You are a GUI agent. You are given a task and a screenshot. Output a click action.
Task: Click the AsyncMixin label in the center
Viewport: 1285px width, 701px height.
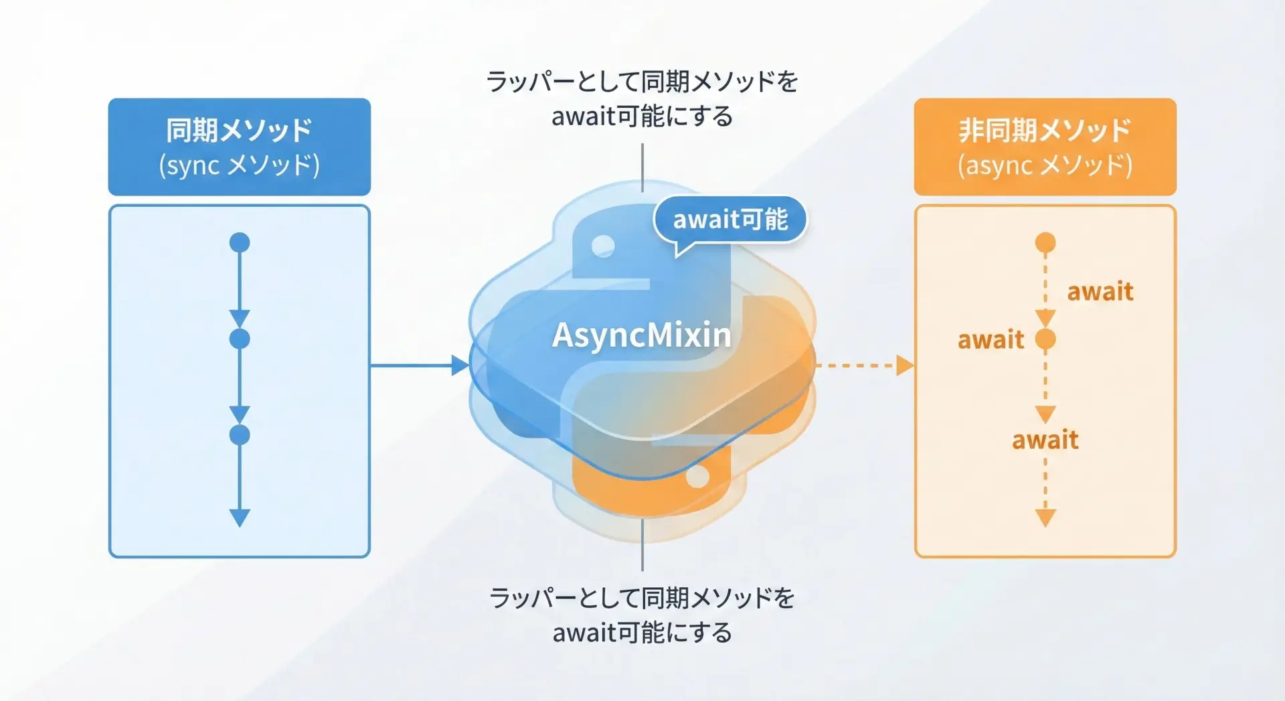pos(641,335)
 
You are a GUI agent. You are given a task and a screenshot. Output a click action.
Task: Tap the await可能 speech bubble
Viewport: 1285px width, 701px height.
pos(730,220)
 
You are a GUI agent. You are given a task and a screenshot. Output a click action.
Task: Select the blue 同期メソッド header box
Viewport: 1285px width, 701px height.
pos(240,147)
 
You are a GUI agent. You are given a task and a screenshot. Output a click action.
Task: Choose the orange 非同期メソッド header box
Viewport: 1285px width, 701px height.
pos(1045,147)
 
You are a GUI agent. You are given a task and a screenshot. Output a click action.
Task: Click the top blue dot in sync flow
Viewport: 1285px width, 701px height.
pos(240,242)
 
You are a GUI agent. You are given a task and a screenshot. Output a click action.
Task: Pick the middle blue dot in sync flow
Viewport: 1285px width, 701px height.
pos(240,339)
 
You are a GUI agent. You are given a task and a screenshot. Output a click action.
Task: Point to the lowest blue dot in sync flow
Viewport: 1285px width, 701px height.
pos(240,435)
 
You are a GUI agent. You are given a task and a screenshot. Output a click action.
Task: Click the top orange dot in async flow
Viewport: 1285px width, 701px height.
pos(1045,242)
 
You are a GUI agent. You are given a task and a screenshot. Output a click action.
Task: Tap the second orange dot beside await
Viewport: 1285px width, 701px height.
pos(1045,339)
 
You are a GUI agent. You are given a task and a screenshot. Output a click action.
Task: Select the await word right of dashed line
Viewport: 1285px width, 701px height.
pos(1100,292)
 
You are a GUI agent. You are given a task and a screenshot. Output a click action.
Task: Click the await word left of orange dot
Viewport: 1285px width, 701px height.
pos(991,340)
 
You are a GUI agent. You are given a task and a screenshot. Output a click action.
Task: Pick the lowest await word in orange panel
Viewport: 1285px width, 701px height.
pos(1045,441)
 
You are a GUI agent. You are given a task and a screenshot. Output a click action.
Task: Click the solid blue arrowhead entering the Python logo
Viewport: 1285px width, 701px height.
pos(460,366)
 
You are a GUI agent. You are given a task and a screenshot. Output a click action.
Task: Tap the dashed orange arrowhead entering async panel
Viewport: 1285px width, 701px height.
pos(905,366)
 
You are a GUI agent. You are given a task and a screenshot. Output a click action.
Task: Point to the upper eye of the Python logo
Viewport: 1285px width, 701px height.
pos(603,246)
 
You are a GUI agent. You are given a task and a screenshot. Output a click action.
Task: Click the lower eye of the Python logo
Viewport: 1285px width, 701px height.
pos(697,477)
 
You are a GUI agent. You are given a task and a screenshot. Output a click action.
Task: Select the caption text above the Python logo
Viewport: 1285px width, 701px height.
pos(642,99)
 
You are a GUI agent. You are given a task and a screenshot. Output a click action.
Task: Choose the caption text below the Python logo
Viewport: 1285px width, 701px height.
pos(642,615)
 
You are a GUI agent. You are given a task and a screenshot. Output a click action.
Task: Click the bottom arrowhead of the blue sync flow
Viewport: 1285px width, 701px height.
pos(240,518)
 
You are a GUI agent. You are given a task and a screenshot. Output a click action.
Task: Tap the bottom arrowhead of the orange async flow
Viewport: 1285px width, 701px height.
pos(1045,518)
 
